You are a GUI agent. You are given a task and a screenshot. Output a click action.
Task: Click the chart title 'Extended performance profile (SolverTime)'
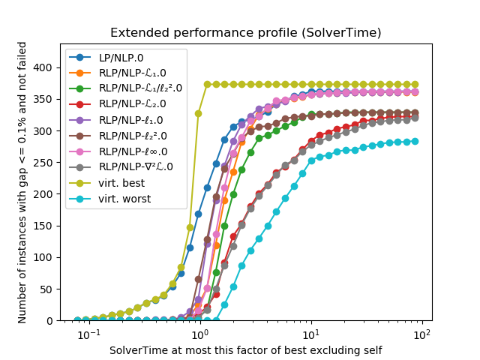click(246, 33)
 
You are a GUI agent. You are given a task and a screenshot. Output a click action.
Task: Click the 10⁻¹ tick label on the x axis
click(89, 334)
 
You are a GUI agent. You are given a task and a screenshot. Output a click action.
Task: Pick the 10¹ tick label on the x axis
click(310, 334)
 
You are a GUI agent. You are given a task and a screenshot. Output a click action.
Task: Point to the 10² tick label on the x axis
click(422, 334)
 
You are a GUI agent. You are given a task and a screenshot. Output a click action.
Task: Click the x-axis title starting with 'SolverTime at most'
click(246, 350)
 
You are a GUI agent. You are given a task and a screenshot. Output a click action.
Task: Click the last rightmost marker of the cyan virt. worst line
click(415, 141)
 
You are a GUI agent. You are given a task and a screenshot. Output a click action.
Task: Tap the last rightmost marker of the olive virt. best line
click(415, 85)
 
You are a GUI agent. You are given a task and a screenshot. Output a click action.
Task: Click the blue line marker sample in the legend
click(79, 58)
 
